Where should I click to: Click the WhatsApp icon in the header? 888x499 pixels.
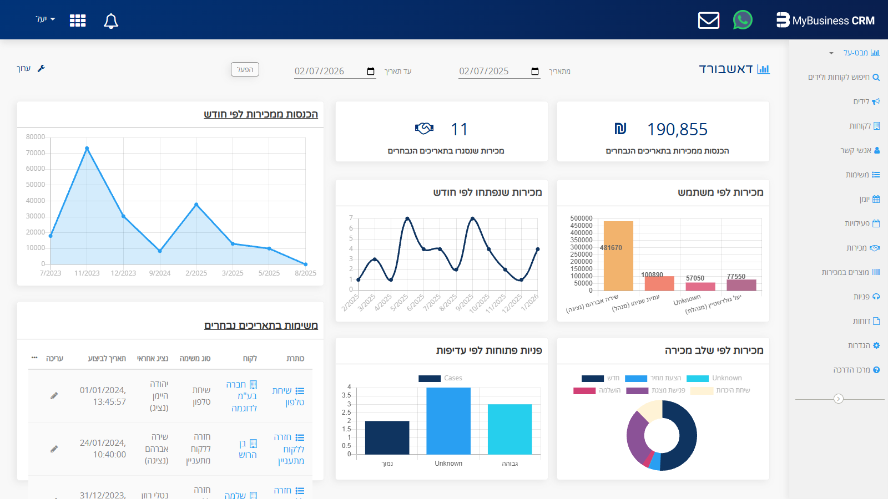coord(743,20)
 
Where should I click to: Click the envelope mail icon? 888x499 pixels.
coord(709,21)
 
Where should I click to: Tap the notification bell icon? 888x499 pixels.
coord(111,21)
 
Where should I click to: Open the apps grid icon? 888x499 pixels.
coord(78,21)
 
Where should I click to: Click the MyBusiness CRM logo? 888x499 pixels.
coord(825,21)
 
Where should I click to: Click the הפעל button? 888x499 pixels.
coord(245,69)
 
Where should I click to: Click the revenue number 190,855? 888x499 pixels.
coord(677,129)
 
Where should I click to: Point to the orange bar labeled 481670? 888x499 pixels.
coord(618,256)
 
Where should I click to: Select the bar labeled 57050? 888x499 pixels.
coord(700,286)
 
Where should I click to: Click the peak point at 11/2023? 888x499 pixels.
coord(87,149)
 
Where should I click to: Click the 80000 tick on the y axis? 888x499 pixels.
coord(36,137)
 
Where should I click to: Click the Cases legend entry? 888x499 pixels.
coord(441,378)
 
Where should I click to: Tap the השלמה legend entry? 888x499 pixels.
coord(597,390)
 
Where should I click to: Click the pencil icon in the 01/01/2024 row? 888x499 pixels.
coord(54,396)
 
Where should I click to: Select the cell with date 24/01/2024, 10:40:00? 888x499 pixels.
coord(103,449)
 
